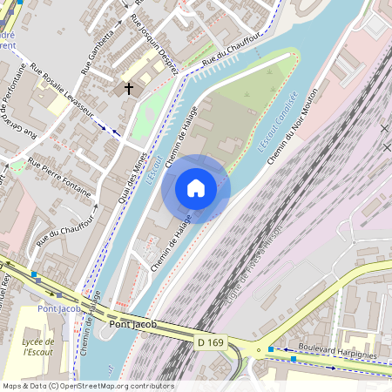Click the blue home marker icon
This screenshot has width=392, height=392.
coord(196,188)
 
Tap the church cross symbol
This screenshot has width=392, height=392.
coord(129,88)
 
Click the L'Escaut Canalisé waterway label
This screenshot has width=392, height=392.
coord(278,121)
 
